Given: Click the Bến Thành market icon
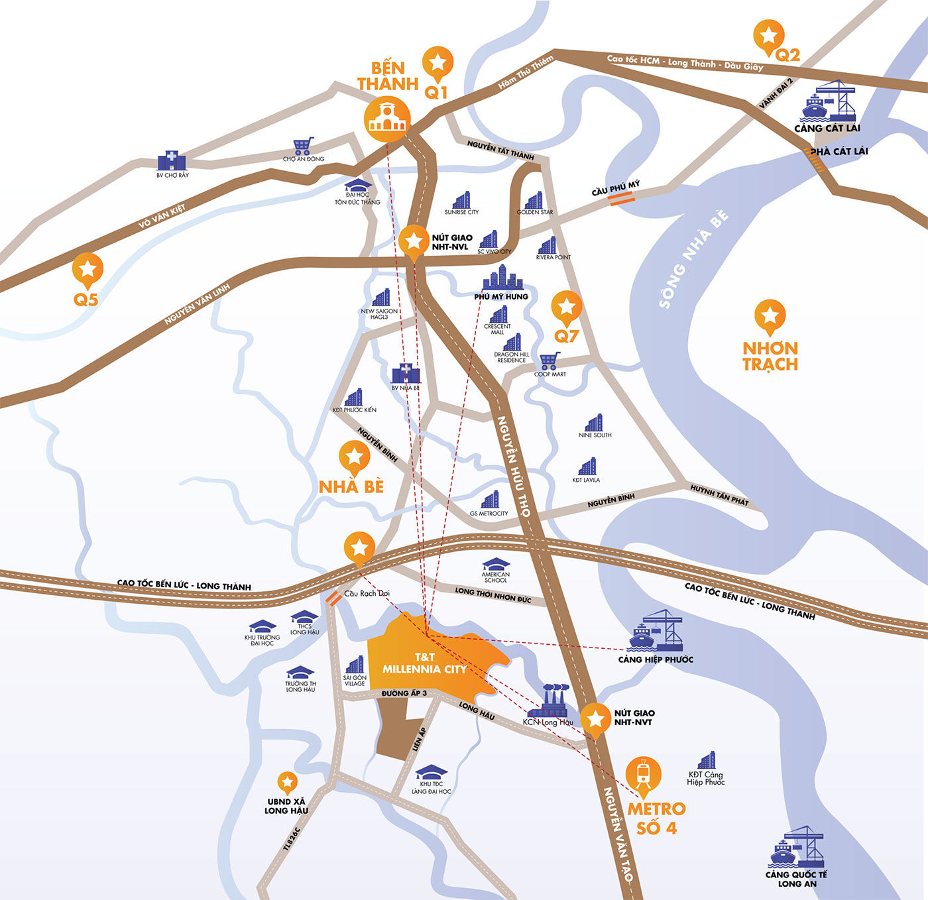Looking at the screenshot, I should (x=387, y=119).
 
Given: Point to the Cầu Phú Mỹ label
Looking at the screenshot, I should (x=616, y=188).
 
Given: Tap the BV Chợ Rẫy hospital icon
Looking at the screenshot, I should (x=172, y=161).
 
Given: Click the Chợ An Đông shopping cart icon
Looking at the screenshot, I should (x=303, y=146).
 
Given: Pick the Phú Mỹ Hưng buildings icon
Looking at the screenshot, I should (x=502, y=278).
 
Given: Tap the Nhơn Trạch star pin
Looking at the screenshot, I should (x=770, y=315).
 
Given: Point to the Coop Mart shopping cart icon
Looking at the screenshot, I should (x=549, y=361).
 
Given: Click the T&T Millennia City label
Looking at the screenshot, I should (x=424, y=663).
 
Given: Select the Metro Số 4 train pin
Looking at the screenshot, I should (x=643, y=774).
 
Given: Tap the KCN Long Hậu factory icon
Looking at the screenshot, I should (x=555, y=699).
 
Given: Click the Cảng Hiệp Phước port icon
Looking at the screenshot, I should (x=656, y=630).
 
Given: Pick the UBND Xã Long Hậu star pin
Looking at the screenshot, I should (x=287, y=783).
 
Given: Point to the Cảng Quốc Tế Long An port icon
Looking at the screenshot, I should (x=796, y=847).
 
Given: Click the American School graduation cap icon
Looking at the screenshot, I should (x=496, y=565).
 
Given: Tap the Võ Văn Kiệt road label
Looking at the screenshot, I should (x=162, y=216).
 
